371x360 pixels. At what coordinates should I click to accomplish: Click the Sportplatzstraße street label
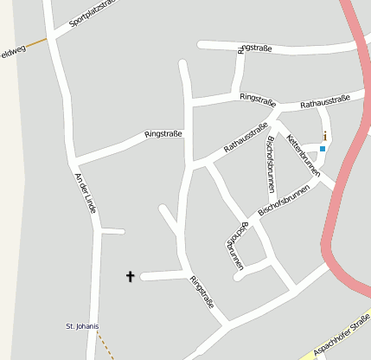93,16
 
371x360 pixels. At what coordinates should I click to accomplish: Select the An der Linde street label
85,191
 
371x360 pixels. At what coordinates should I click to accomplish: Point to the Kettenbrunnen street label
303,155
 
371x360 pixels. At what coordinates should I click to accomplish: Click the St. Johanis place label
82,326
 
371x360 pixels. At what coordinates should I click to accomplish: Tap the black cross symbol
131,276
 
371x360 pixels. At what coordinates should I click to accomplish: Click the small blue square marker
323,149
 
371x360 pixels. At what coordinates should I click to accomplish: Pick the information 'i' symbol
324,136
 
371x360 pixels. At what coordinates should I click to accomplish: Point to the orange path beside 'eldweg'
35,41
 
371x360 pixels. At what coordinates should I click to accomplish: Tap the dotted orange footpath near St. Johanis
105,345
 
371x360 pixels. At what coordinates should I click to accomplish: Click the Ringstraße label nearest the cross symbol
201,292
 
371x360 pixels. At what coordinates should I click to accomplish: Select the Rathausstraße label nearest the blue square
325,101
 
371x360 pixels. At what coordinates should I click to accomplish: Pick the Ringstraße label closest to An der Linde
163,133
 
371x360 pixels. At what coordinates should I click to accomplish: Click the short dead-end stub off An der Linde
112,231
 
